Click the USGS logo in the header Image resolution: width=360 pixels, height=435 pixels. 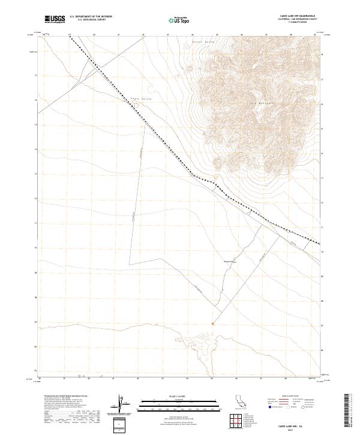55,19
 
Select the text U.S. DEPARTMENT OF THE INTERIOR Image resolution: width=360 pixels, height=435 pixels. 91,17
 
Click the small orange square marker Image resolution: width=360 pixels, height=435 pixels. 213,323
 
